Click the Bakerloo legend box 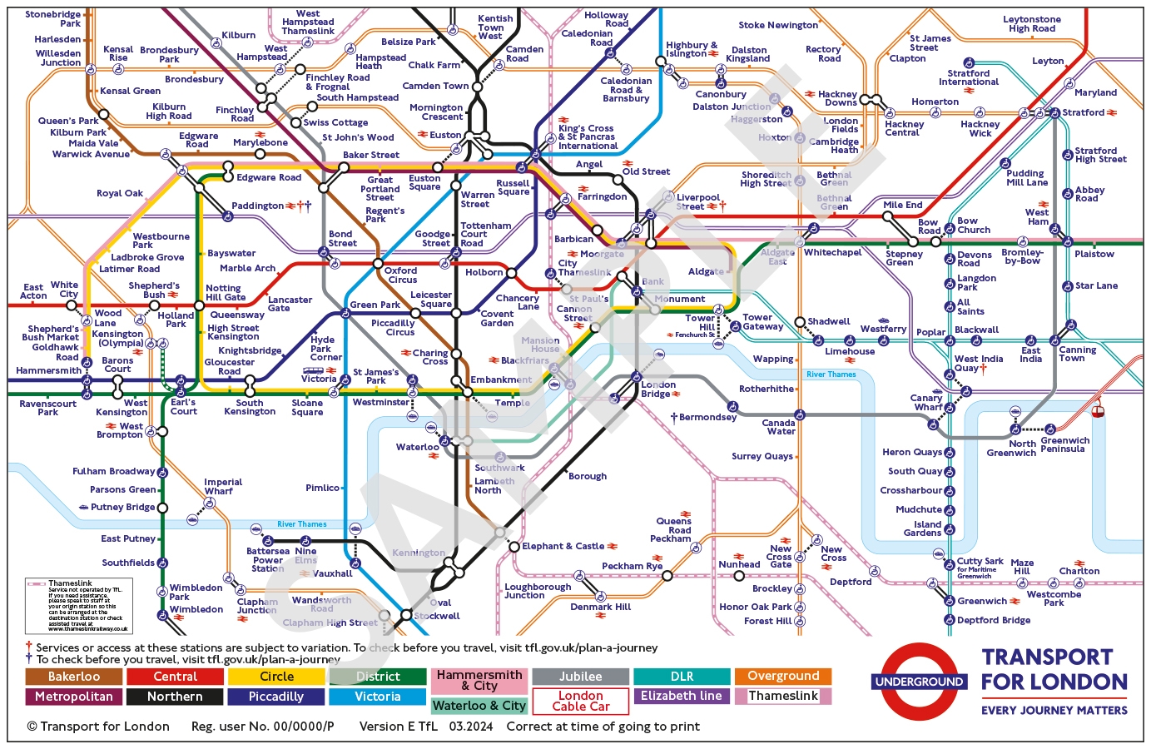coord(73,677)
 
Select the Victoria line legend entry coord(377,697)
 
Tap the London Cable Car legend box coord(580,701)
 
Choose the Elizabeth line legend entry coord(681,696)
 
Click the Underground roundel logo coord(919,682)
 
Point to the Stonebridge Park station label coord(53,19)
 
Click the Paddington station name coord(257,206)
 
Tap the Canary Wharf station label coord(927,403)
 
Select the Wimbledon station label coord(196,609)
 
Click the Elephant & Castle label coord(563,546)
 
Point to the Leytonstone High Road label coord(1032,24)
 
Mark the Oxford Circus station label coord(401,275)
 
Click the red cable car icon coord(1098,409)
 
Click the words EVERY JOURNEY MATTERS coord(1054,710)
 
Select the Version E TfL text coord(398,727)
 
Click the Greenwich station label coord(982,601)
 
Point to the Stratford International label coord(969,77)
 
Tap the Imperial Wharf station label coord(223,487)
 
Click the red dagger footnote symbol coord(29,647)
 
